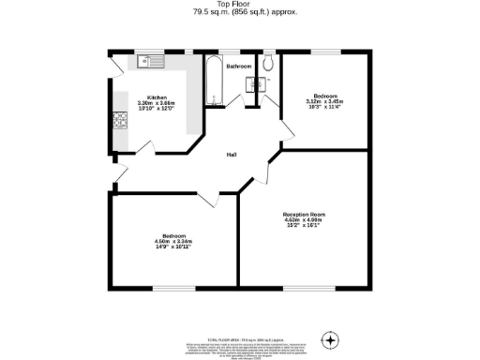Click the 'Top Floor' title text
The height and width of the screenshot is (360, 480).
click(239, 5)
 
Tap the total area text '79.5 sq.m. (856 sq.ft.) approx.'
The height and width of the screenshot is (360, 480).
click(239, 12)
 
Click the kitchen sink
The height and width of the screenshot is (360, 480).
click(148, 63)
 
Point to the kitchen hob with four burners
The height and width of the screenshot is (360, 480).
click(120, 120)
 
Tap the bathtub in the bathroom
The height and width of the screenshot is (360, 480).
click(213, 82)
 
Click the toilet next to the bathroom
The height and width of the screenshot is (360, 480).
click(268, 64)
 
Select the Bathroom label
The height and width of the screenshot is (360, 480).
click(238, 67)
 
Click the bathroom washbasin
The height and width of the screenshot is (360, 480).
click(251, 82)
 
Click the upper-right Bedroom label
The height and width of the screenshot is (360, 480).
click(325, 97)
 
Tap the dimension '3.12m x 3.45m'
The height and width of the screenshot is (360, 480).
click(325, 102)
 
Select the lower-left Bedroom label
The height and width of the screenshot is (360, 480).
click(173, 235)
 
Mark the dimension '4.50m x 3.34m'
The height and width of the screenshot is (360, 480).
click(173, 241)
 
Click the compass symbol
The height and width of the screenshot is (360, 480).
click(329, 338)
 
